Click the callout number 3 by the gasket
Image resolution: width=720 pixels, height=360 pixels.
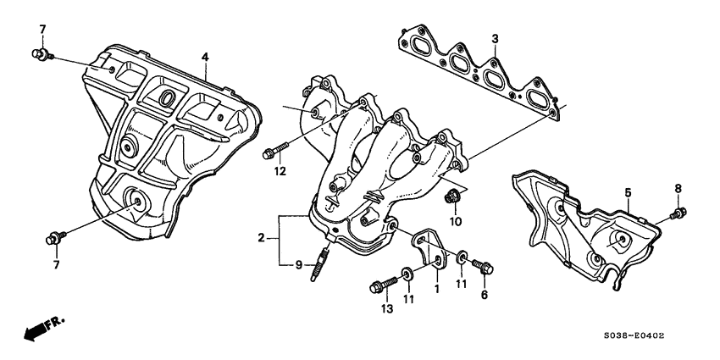click(x=496, y=38)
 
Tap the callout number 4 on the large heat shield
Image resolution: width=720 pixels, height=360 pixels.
click(x=204, y=58)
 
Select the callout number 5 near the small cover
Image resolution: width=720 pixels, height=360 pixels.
click(x=628, y=193)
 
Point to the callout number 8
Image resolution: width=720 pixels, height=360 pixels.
click(x=678, y=187)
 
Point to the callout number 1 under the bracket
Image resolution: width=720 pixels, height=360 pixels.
click(x=436, y=288)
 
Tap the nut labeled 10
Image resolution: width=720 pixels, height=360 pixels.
click(x=453, y=201)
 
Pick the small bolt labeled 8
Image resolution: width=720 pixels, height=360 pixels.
click(x=678, y=212)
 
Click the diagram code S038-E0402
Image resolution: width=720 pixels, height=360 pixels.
click(x=633, y=335)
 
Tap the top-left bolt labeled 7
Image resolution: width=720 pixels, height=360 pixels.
click(x=39, y=55)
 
